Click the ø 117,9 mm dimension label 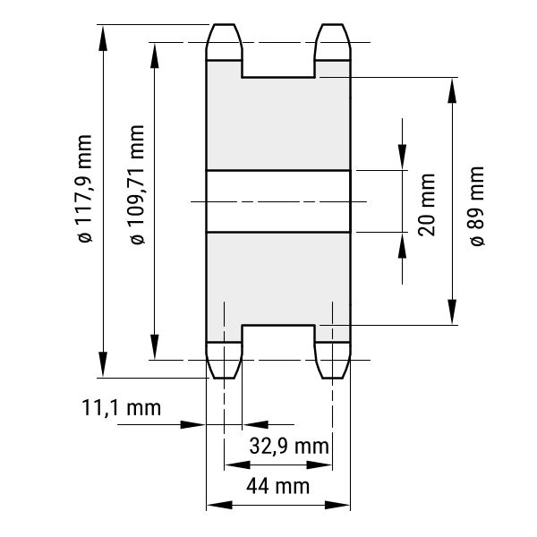(85, 189)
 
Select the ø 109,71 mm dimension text (137, 185)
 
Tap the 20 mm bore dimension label (427, 205)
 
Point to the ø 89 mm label (477, 206)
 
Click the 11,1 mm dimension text (121, 408)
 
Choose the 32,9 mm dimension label (289, 446)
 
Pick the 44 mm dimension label (277, 486)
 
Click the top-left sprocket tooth (224, 42)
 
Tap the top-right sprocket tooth (333, 42)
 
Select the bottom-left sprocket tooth (224, 360)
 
